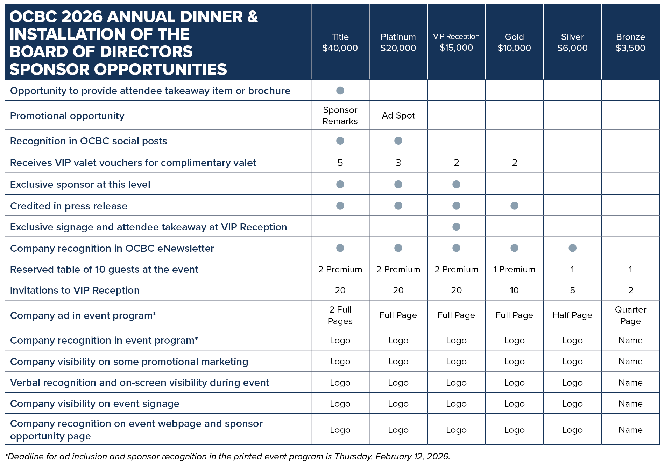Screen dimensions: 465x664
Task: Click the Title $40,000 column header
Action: (x=340, y=42)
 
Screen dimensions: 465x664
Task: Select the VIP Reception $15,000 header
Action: (x=456, y=42)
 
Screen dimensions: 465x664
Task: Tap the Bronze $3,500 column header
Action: (x=630, y=42)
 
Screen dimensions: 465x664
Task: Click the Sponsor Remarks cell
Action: (x=340, y=115)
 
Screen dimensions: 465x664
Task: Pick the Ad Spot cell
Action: (x=398, y=115)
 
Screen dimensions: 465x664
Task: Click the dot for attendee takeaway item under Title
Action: (x=340, y=91)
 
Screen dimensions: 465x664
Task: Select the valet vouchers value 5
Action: (x=340, y=163)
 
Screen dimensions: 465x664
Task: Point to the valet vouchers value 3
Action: (x=398, y=163)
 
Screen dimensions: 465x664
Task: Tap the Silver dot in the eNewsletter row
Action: (x=572, y=248)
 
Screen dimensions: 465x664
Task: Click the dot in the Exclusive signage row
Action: (x=456, y=227)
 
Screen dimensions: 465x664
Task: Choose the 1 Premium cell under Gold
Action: (x=514, y=269)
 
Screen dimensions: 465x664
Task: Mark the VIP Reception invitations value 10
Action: (x=514, y=290)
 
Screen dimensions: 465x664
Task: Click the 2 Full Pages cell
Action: (x=340, y=315)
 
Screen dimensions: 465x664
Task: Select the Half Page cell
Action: (x=572, y=315)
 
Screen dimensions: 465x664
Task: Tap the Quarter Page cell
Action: (x=630, y=315)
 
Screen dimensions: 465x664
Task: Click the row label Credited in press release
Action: (x=69, y=206)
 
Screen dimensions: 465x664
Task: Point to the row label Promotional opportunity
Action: (x=67, y=116)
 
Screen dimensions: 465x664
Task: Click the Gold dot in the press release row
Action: (x=514, y=206)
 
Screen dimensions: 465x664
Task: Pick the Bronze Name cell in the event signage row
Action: (x=630, y=403)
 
